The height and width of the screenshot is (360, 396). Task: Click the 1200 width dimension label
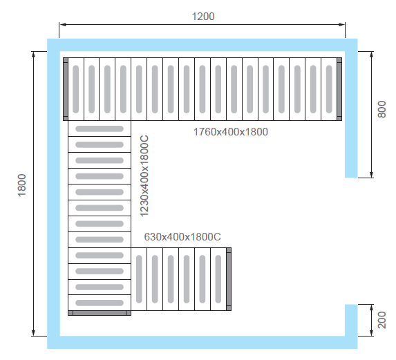click(203, 17)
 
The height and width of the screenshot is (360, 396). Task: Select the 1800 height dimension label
click(22, 185)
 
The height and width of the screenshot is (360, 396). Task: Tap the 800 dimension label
click(381, 109)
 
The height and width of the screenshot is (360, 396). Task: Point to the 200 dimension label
click(381, 320)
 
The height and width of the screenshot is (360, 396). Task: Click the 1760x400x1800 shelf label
click(231, 132)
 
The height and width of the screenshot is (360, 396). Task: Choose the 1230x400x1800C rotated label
click(144, 176)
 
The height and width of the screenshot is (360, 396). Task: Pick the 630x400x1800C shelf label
click(182, 237)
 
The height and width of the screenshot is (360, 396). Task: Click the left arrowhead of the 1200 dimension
click(63, 24)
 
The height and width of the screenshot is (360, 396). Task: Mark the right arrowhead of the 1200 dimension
click(341, 24)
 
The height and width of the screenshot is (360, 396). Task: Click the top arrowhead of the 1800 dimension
click(33, 55)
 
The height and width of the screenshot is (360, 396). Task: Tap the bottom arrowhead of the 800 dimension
click(371, 174)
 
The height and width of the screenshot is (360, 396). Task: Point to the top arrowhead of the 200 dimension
click(371, 307)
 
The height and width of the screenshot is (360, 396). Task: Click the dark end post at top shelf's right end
click(339, 89)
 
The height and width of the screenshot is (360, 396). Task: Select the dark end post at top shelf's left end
click(66, 89)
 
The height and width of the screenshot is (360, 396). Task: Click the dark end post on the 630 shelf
click(229, 279)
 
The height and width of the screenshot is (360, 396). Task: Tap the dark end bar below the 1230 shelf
click(100, 313)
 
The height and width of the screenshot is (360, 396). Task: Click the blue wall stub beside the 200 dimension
click(351, 320)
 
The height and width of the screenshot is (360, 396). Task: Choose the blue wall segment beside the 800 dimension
click(351, 115)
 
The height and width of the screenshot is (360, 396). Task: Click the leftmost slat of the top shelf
click(76, 89)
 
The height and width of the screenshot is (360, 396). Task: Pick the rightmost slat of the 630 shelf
click(218, 279)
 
